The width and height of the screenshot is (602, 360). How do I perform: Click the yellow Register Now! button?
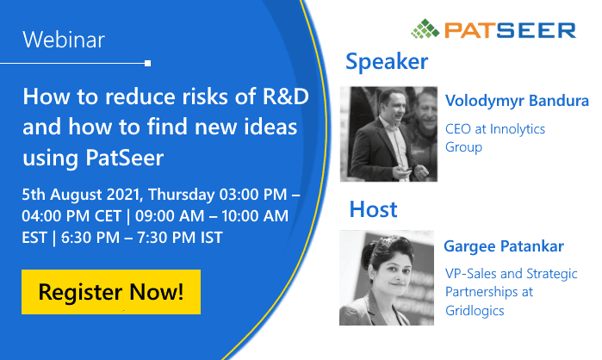[111, 292]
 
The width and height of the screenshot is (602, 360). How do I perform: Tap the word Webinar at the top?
[64, 40]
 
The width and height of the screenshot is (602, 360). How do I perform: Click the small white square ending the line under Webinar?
[148, 64]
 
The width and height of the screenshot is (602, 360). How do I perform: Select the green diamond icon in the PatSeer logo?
[425, 29]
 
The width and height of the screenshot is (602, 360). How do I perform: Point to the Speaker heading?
[387, 61]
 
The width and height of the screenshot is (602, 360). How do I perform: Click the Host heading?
[373, 209]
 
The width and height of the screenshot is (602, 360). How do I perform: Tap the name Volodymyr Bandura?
[517, 101]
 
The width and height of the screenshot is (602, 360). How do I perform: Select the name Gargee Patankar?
[504, 246]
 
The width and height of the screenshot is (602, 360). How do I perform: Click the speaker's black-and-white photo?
[388, 134]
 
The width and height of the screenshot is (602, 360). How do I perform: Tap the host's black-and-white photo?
[387, 278]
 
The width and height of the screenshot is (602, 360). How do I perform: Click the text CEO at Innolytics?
[495, 129]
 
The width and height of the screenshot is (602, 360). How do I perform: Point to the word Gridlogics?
[475, 311]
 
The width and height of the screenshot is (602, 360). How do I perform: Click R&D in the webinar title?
[286, 96]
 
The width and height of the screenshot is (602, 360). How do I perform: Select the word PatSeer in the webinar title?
[125, 158]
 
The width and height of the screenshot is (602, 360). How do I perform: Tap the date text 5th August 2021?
[82, 195]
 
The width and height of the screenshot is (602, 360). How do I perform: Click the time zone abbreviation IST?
[212, 238]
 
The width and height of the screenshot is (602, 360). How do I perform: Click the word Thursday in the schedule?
[182, 195]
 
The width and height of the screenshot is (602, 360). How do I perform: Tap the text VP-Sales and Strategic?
[512, 274]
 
